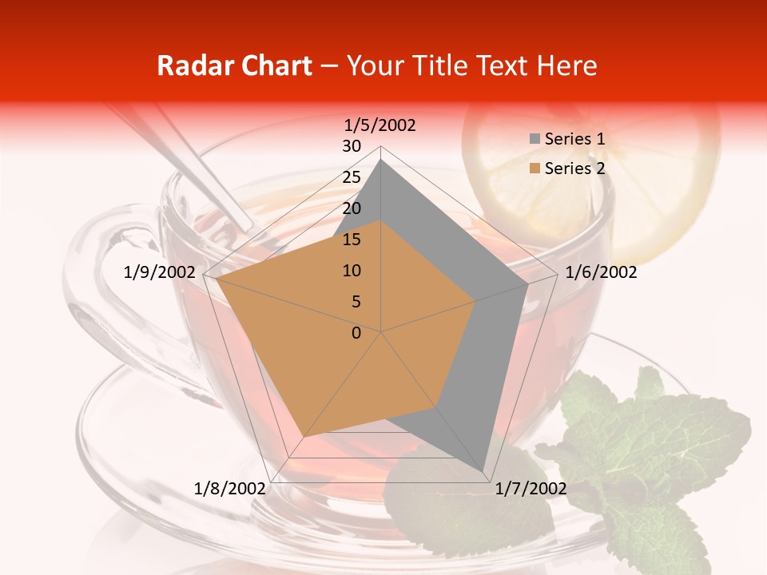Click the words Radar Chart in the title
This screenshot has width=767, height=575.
tap(234, 66)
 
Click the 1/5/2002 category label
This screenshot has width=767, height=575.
tap(380, 125)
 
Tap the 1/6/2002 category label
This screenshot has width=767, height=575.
tap(601, 272)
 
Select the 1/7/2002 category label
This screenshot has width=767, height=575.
tap(531, 489)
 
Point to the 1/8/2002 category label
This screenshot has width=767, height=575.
tap(230, 489)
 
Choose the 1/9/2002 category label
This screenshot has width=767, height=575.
tap(160, 272)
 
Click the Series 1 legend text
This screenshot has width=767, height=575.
tap(574, 139)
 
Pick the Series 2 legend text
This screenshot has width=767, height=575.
tap(574, 169)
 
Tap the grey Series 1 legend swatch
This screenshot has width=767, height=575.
tap(535, 139)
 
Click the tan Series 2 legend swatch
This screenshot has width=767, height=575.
tap(535, 169)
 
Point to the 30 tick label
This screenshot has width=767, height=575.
tap(352, 146)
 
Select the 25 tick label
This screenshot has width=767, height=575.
tap(352, 177)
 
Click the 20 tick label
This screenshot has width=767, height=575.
tap(352, 208)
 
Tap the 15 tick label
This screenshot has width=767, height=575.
tap(352, 240)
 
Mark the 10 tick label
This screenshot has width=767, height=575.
tap(352, 271)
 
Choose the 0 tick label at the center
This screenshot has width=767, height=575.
tap(356, 333)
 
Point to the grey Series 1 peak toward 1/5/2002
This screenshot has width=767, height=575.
tap(381, 160)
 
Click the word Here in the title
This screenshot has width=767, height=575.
tap(568, 66)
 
